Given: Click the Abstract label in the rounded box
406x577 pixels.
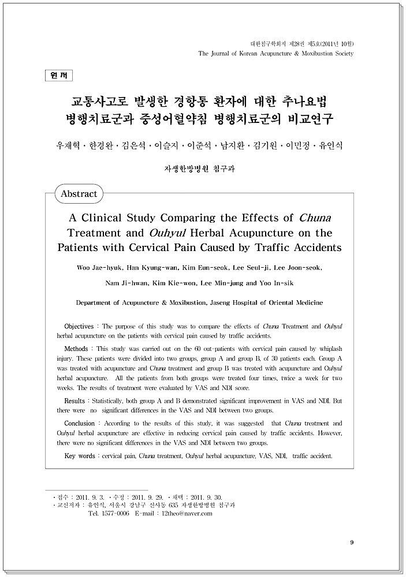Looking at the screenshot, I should coord(79,194).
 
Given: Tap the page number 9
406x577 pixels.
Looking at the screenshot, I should coord(352,542).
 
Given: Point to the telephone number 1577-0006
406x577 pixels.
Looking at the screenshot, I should coord(115,513).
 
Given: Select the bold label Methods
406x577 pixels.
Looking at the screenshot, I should coord(76,349).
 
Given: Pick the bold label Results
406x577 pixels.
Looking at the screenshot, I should coord(75,400).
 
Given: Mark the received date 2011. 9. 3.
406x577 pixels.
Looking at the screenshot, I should coord(90,497).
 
